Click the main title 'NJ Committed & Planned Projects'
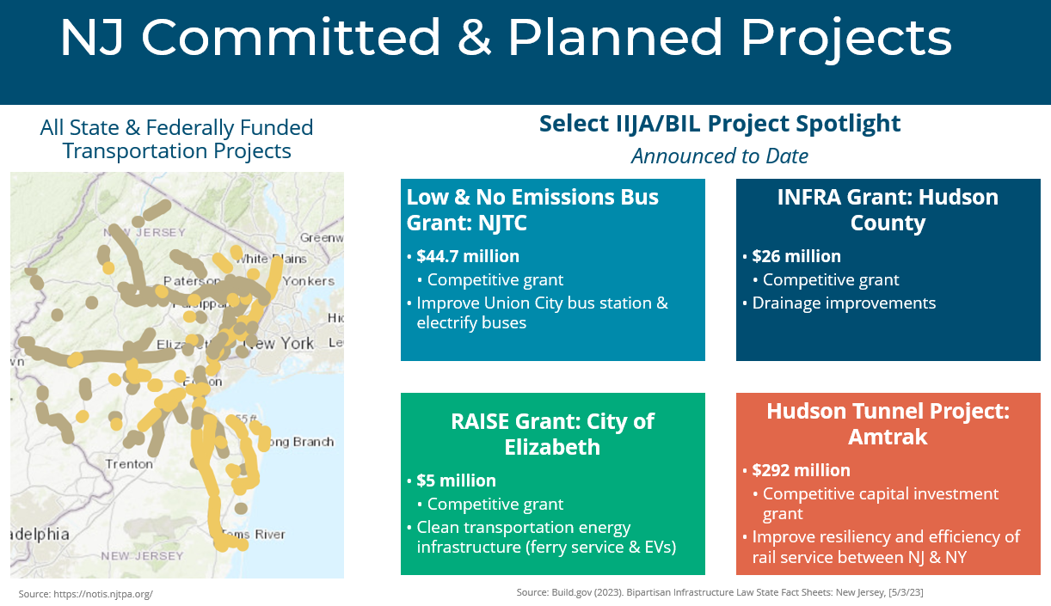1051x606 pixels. click(505, 39)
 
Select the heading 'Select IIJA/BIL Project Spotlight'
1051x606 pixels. click(719, 124)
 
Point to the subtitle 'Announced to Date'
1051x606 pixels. click(719, 156)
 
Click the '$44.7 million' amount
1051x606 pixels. click(468, 256)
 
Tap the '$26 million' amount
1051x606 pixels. click(796, 256)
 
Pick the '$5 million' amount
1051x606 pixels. click(456, 481)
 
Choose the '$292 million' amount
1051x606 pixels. click(801, 470)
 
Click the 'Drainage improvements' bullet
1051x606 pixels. click(844, 303)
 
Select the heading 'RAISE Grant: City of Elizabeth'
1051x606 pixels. click(552, 434)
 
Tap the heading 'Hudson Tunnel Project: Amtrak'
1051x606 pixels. click(888, 424)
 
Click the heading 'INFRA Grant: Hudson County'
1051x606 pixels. click(888, 210)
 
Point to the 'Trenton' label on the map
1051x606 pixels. click(129, 464)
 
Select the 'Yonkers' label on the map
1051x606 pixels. click(308, 281)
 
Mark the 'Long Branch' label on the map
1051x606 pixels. click(299, 442)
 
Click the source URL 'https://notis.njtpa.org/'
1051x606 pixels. click(86, 594)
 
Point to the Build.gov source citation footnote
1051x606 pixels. click(720, 593)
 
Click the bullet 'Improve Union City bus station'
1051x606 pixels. click(542, 303)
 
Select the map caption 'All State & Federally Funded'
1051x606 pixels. click(176, 128)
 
